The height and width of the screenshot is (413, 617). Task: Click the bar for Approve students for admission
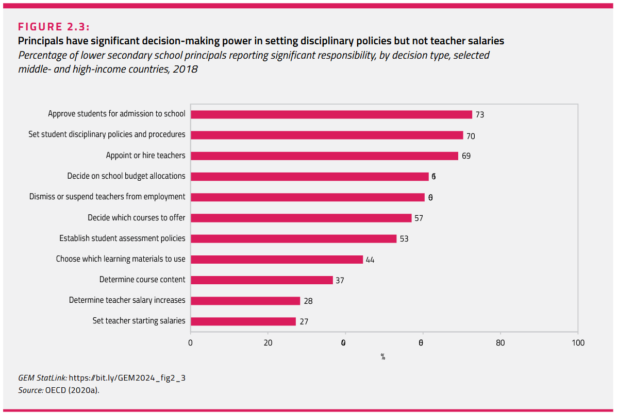pos(331,114)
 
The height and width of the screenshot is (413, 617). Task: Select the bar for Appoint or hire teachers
pos(324,156)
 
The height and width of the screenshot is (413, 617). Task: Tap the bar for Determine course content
pos(262,280)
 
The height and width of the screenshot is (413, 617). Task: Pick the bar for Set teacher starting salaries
pos(243,321)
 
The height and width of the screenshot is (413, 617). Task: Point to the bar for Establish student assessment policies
pos(294,238)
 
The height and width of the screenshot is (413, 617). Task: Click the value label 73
pos(479,115)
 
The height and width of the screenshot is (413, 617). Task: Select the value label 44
pos(370,260)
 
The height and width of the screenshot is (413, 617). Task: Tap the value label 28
pos(308,301)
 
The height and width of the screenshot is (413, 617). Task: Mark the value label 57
pos(419,218)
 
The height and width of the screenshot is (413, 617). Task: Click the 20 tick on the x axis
pos(268,343)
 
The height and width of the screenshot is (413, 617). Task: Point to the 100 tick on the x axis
pos(578,343)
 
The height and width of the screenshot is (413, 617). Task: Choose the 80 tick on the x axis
pos(500,343)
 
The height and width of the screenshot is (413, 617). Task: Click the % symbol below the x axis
pos(383,356)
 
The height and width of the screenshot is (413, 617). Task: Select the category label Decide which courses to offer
pos(136,217)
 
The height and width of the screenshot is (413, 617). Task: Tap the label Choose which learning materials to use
pos(121,259)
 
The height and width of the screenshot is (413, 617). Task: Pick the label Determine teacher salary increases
pos(127,300)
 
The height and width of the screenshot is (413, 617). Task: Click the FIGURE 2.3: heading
pos(54,27)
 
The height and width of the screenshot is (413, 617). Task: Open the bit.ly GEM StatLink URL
pos(127,378)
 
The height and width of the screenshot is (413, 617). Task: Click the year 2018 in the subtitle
pos(186,68)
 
